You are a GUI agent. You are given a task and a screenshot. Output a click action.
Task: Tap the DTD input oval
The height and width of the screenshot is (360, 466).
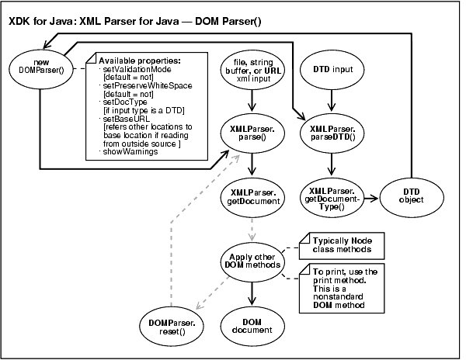pos(332,70)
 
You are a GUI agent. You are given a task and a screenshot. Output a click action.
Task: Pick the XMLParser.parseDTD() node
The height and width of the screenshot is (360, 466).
pos(332,132)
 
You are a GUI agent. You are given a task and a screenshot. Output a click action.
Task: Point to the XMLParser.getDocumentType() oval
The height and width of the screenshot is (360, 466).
pos(332,196)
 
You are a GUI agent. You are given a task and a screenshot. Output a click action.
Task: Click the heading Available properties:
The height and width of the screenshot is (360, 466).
pos(139,61)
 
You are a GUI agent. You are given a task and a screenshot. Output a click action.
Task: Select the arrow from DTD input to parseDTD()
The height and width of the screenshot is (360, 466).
pos(332,99)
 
